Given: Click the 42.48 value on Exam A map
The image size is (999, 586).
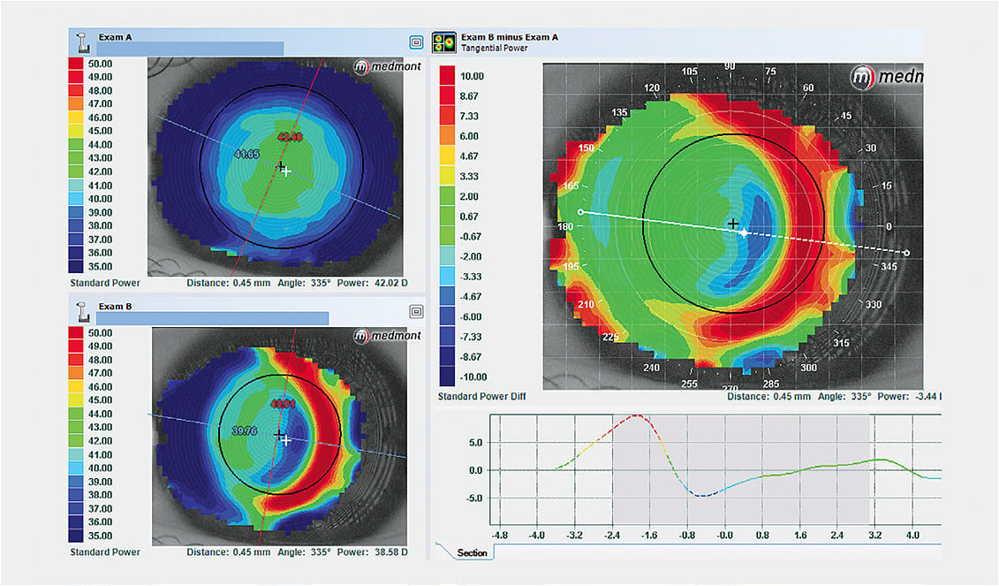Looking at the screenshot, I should click(x=289, y=137).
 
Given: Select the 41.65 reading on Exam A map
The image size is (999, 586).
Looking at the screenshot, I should click(x=246, y=155).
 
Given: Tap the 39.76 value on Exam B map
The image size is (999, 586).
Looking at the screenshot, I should click(x=245, y=431).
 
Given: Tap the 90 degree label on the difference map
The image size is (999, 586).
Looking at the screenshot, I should click(x=730, y=67).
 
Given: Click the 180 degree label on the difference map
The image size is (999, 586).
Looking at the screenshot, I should click(x=565, y=227).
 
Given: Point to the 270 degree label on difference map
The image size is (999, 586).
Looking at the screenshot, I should click(x=730, y=388).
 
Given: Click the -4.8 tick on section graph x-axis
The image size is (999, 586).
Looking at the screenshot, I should click(x=499, y=536).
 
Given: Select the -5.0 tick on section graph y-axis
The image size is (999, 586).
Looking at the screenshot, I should click(x=475, y=498).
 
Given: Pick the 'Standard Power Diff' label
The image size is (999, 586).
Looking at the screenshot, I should click(x=479, y=397).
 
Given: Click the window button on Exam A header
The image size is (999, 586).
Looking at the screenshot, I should click(x=415, y=42).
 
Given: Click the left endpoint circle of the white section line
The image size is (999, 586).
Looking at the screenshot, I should click(x=579, y=212).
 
